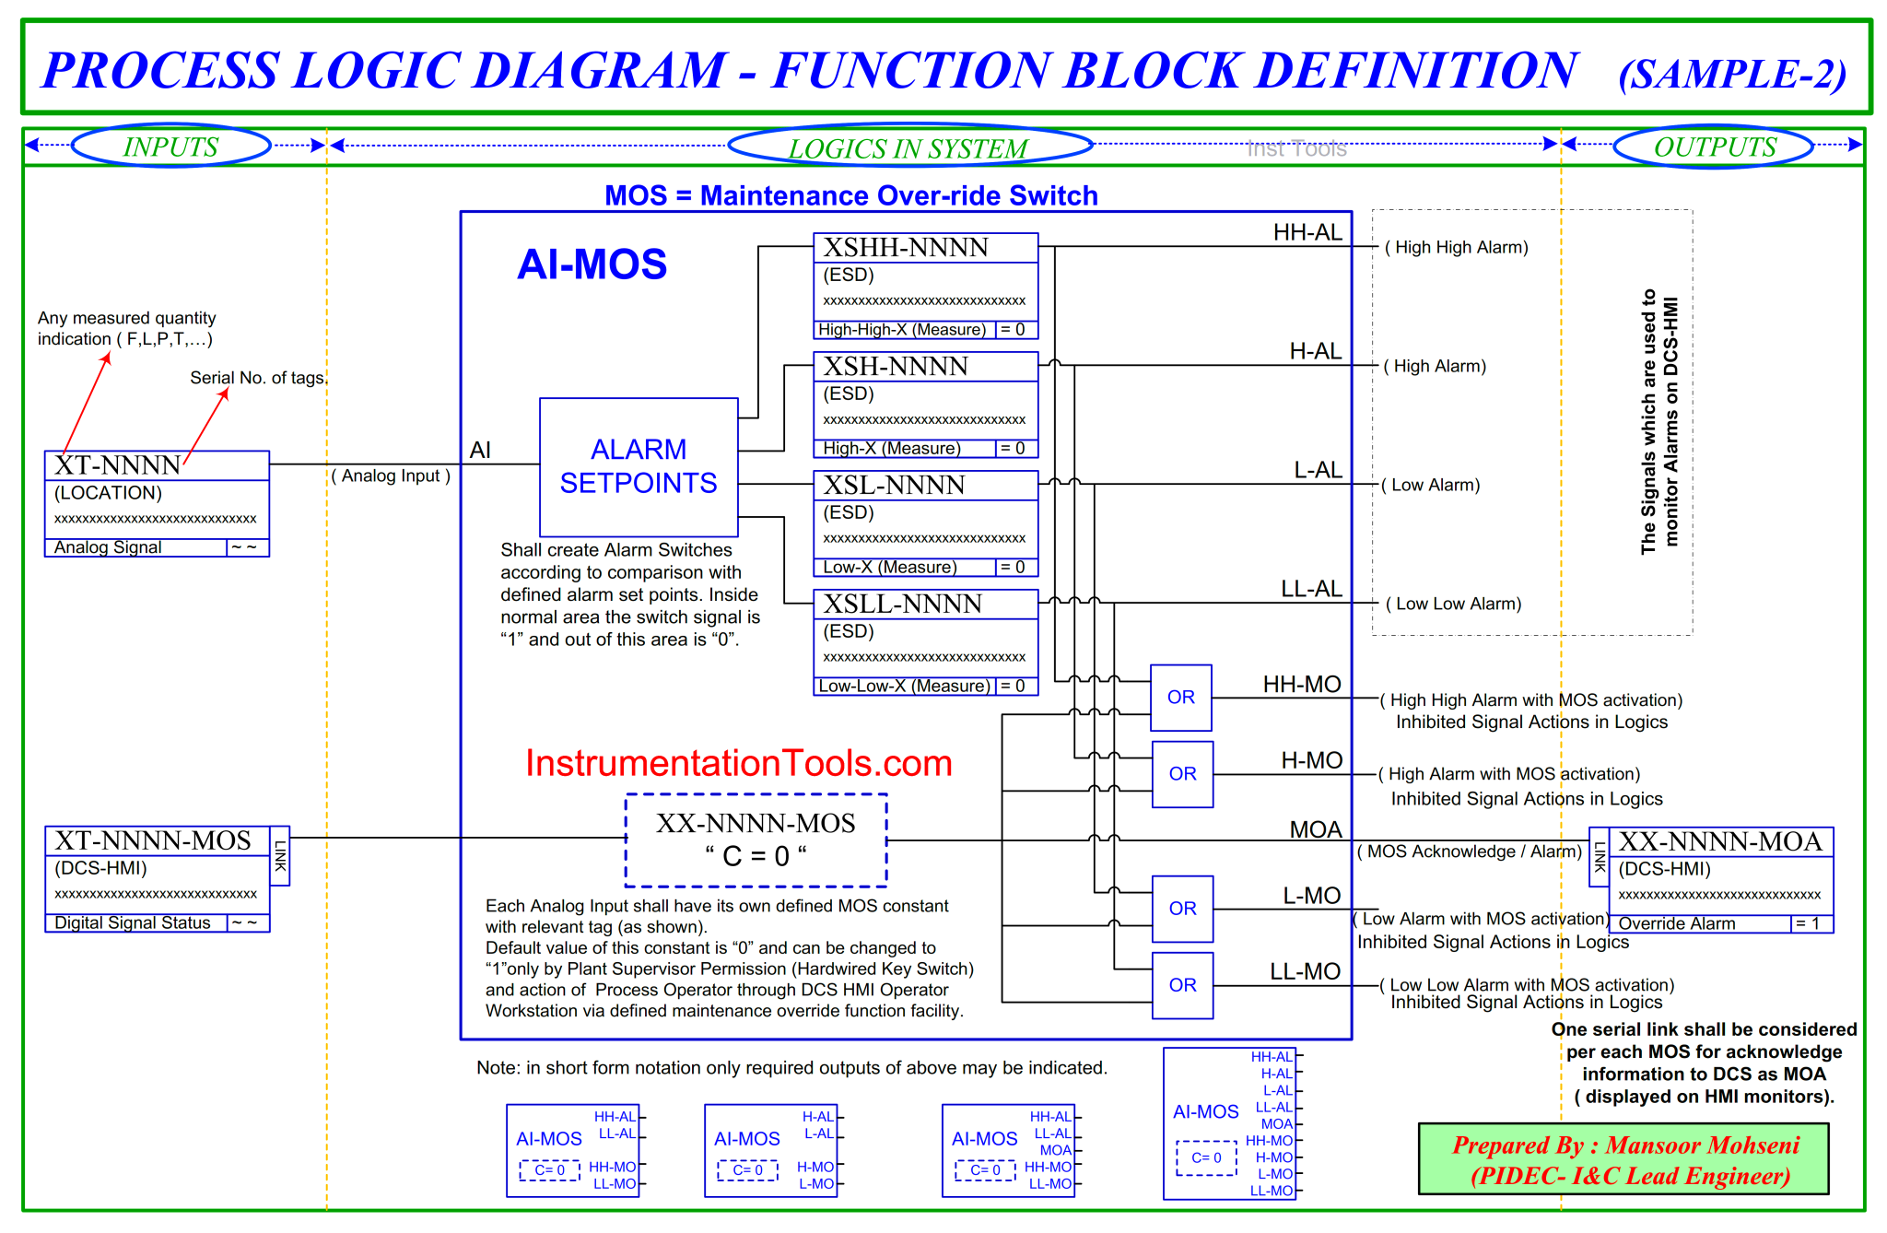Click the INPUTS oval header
point(170,146)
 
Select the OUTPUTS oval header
point(1714,146)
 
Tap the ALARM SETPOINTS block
point(639,466)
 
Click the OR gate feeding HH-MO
point(1181,698)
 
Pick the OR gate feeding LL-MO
point(1182,985)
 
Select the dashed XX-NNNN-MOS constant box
point(756,840)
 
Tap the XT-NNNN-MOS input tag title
point(153,840)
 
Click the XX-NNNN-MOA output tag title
point(1720,841)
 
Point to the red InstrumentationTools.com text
point(738,763)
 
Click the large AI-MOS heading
point(592,264)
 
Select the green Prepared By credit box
point(1623,1159)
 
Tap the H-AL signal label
point(1315,351)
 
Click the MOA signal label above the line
point(1315,829)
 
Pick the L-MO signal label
point(1311,896)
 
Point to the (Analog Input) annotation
point(391,476)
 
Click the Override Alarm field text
point(1676,923)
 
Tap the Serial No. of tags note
point(258,378)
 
